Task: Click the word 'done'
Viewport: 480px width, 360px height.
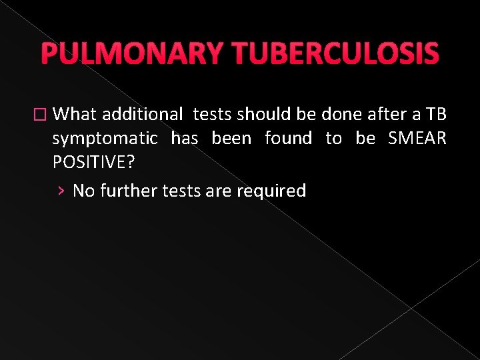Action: (342, 114)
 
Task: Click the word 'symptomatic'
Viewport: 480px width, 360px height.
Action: (105, 139)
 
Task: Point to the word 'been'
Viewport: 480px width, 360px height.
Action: (231, 138)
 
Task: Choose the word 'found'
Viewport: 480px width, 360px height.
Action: (288, 138)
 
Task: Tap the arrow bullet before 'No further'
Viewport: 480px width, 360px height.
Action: (61, 191)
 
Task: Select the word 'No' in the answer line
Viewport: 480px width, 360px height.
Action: (83, 191)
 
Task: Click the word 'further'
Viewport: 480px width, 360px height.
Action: (125, 191)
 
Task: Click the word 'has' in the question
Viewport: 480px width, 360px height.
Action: (185, 138)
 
